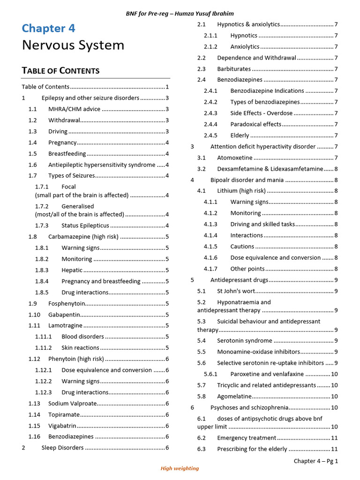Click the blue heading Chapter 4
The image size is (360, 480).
48,28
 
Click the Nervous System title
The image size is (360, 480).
73,45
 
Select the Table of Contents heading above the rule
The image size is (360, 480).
60,71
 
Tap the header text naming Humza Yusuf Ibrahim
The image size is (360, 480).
180,14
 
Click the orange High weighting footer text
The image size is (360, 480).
180,468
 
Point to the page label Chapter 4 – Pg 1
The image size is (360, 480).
315,461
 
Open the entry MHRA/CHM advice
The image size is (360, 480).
74,109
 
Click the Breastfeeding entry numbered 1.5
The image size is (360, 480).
67,154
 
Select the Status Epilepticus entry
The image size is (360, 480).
85,225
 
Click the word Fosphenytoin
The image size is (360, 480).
67,304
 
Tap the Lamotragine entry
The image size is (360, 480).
65,326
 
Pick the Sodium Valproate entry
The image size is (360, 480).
72,404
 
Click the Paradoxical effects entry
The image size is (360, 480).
255,124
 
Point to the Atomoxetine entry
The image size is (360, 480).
234,158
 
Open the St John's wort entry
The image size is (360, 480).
236,291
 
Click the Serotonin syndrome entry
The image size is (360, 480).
244,341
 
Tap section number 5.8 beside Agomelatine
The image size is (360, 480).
202,397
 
